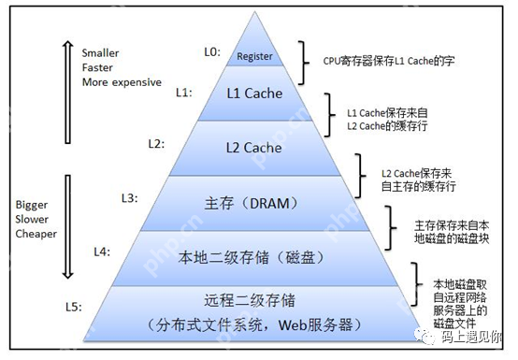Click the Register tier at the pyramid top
254,56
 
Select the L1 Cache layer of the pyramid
255,94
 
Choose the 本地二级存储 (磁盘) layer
254,255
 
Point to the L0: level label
211,52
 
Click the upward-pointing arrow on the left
67,89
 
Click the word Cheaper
36,234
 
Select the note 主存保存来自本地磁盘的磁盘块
452,232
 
